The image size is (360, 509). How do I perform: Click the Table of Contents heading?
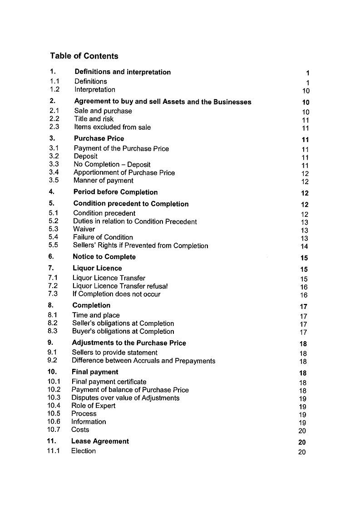84,56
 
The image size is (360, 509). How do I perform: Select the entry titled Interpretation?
95,90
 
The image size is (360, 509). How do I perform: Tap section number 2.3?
54,127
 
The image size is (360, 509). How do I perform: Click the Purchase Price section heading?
99,139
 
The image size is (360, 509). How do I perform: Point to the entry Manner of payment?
104,181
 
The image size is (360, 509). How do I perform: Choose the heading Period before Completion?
115,192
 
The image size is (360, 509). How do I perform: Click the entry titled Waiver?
84,229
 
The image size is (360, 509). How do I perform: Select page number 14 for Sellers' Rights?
304,247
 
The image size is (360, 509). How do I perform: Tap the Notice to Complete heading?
104,257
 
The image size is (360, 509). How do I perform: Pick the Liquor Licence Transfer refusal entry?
120,286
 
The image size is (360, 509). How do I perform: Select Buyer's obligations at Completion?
123,332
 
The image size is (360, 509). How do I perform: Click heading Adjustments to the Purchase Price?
129,343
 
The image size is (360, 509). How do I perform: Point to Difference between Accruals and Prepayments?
143,361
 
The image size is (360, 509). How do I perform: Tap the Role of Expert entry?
93,406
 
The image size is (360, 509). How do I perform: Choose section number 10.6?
54,421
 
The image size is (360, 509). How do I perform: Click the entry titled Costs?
80,430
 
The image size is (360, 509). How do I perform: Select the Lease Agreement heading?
100,441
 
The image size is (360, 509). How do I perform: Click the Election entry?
83,451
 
